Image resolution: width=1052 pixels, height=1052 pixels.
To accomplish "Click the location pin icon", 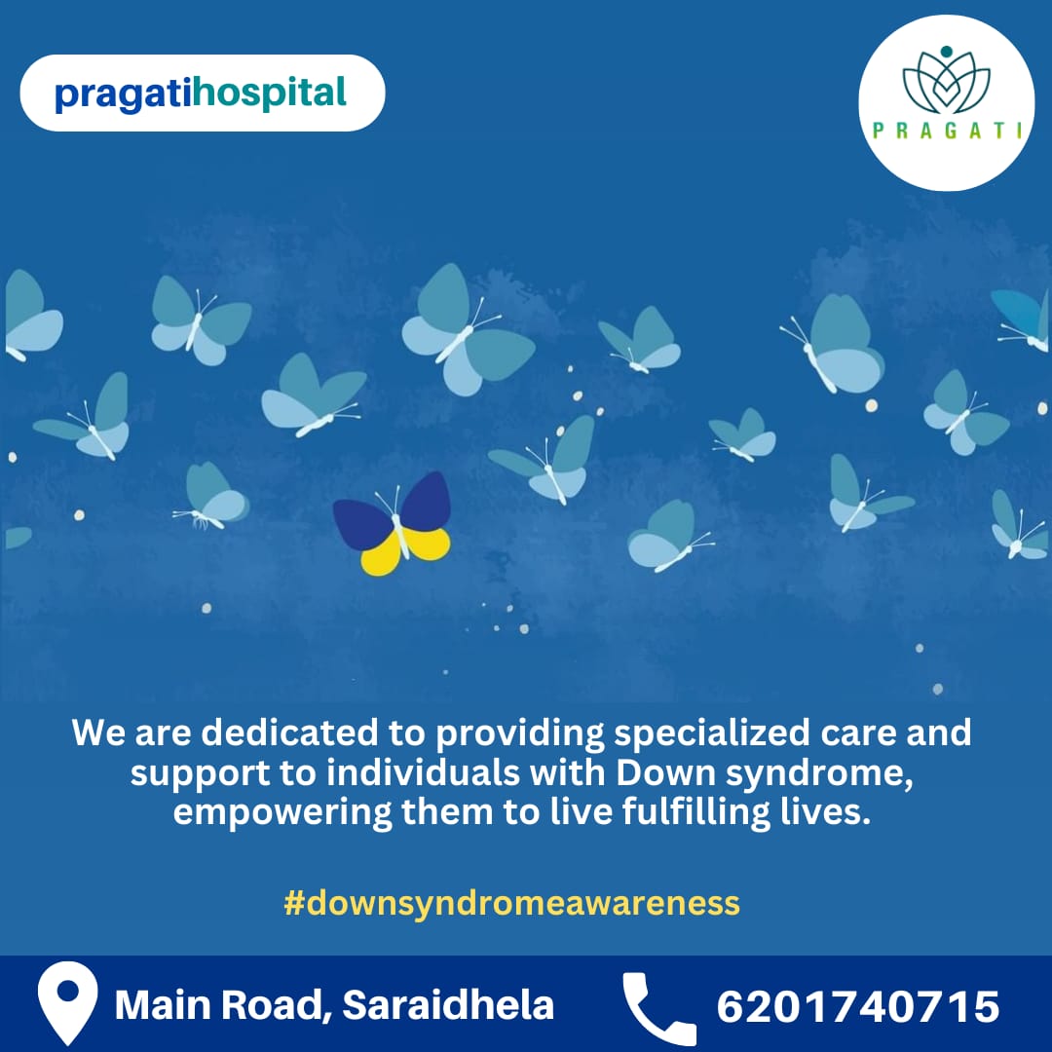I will (x=67, y=1003).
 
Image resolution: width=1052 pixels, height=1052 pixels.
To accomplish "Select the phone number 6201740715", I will (x=857, y=1006).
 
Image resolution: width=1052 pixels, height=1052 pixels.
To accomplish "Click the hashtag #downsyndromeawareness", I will (x=511, y=903).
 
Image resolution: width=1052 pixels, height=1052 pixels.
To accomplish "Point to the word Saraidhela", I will (x=448, y=1004).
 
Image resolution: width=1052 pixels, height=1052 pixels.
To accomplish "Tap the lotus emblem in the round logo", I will (x=946, y=80).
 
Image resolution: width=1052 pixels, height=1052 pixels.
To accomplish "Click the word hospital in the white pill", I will (x=270, y=94).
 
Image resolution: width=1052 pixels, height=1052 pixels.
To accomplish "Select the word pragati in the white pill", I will (x=124, y=94).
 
